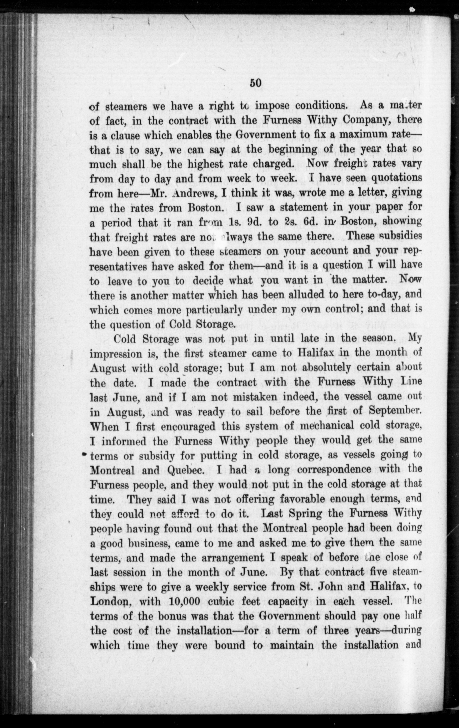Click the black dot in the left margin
pos(85,454)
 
